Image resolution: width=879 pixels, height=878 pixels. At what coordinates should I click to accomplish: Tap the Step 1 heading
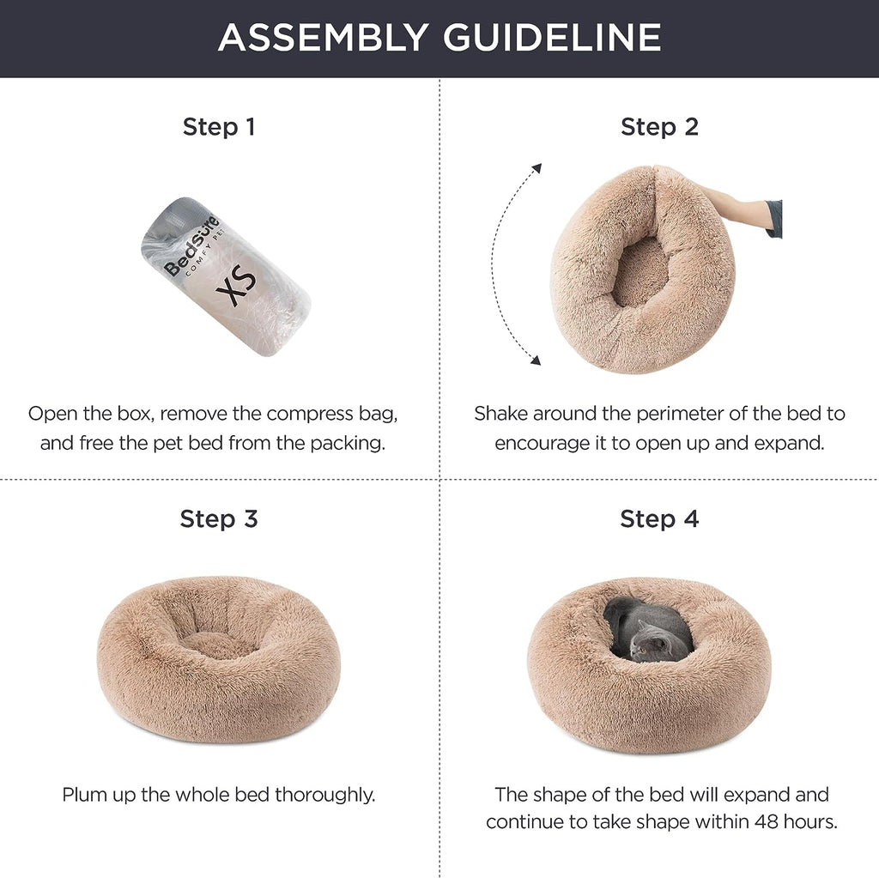point(219,127)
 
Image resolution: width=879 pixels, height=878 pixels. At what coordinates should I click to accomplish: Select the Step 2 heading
point(659,127)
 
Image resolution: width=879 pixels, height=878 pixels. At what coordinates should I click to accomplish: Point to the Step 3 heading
point(219,518)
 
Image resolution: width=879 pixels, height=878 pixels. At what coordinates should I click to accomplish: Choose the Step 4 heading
point(659,518)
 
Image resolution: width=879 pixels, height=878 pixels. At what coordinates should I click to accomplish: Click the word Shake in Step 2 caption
point(500,414)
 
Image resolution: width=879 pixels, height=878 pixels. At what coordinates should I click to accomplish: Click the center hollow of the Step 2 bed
point(640,273)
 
